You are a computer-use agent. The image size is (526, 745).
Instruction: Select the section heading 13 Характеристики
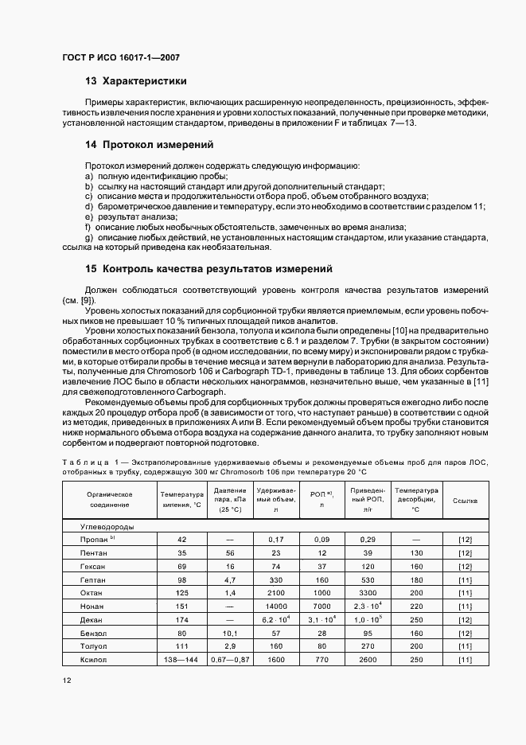(x=135, y=80)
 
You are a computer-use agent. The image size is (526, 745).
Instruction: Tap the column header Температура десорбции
(x=416, y=499)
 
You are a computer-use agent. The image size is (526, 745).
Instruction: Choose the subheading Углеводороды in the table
(x=107, y=526)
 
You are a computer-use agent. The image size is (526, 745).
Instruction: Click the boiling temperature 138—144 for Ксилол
(x=181, y=661)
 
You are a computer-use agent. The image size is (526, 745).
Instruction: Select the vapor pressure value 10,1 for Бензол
(x=230, y=634)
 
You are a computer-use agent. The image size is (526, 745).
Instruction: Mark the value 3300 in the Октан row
(x=368, y=593)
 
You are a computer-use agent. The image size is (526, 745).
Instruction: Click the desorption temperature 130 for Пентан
(x=416, y=552)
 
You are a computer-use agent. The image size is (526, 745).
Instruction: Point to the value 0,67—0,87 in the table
(x=230, y=661)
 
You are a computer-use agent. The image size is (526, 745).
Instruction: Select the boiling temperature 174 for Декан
(x=181, y=620)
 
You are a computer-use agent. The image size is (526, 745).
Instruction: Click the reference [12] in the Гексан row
(x=465, y=566)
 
